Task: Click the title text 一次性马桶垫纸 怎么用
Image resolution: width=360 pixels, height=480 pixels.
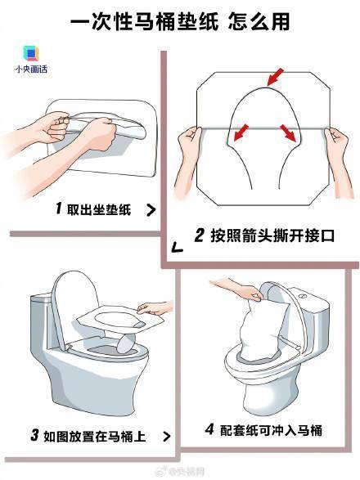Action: click(180, 21)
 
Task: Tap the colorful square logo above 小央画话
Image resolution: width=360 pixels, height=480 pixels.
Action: click(31, 53)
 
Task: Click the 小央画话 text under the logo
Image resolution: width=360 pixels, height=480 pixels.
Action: click(31, 70)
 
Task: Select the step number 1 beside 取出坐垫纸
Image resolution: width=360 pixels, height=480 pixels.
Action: click(59, 209)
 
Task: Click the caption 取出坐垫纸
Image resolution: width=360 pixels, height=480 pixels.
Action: click(99, 209)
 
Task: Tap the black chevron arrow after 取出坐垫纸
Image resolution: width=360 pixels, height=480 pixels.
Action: click(151, 210)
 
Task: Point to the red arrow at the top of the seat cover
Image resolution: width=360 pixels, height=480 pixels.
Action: click(276, 77)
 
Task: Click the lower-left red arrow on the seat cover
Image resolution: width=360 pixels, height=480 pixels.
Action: click(241, 132)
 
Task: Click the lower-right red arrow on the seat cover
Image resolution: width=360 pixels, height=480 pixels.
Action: click(288, 132)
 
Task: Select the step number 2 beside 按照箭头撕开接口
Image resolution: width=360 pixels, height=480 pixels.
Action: click(199, 236)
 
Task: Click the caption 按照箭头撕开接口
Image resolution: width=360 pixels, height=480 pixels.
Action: click(272, 236)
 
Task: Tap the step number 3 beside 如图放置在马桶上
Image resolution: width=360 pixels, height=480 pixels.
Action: click(35, 435)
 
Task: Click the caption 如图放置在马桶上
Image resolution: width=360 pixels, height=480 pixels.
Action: click(95, 436)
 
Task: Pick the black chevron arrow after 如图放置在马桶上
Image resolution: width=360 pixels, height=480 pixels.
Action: click(167, 436)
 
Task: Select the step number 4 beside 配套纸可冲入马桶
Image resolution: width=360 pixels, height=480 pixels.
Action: click(209, 428)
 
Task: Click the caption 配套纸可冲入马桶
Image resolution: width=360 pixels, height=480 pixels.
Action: click(271, 430)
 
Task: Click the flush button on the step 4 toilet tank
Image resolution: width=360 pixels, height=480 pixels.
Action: click(303, 296)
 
